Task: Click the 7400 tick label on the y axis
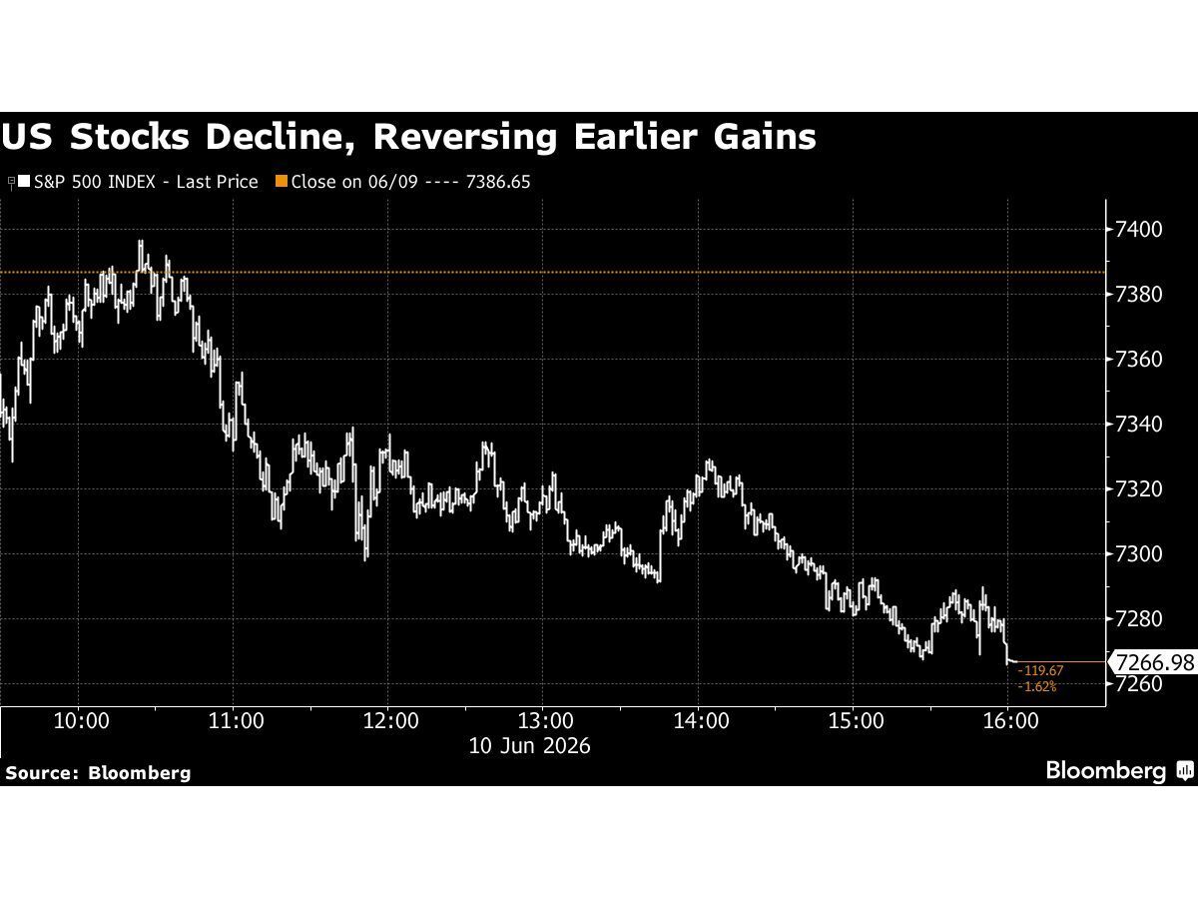point(1138,230)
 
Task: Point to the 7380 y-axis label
point(1138,295)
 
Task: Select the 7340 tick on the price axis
point(1138,425)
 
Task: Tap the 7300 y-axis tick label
point(1138,554)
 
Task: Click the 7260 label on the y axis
point(1138,684)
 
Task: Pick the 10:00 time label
point(81,721)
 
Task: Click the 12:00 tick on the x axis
point(390,721)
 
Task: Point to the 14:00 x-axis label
point(701,721)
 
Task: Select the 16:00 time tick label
point(1010,721)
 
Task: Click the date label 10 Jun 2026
point(529,746)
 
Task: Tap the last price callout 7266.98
point(1155,662)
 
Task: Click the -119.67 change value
point(1040,670)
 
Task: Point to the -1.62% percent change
point(1037,686)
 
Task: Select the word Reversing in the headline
point(465,139)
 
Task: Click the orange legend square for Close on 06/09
point(282,181)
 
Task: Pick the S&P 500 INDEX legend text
point(95,182)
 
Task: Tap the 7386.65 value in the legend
point(498,182)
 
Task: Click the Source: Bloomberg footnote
point(98,773)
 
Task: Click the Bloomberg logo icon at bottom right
point(1185,771)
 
